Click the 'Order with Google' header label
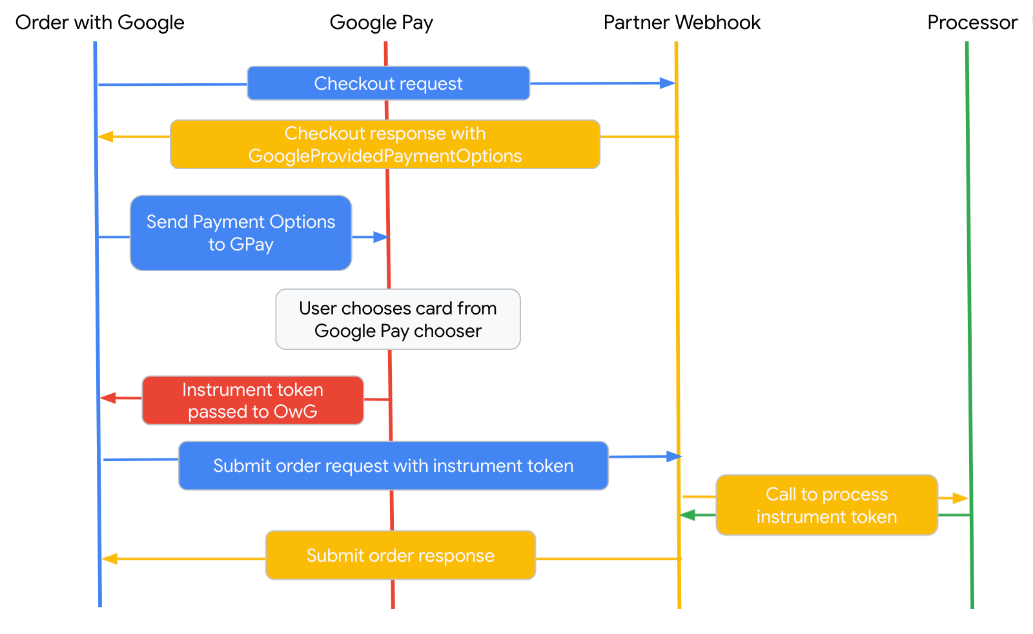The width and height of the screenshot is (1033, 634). (99, 23)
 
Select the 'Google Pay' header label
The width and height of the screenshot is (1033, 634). (382, 23)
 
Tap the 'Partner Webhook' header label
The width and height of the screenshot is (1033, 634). (682, 22)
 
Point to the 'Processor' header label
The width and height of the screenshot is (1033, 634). (972, 22)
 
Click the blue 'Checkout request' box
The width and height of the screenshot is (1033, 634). (388, 83)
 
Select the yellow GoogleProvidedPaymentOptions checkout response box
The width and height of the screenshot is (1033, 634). (385, 145)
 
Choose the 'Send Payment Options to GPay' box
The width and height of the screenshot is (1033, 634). (241, 233)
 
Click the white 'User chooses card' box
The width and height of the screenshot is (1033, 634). (398, 319)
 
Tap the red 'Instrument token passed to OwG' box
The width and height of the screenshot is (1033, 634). (252, 400)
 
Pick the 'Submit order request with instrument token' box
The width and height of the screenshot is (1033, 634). (393, 465)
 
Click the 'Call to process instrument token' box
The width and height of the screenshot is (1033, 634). (827, 505)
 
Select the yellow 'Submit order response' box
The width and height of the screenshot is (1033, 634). (400, 555)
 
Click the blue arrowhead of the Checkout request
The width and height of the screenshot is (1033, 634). (668, 83)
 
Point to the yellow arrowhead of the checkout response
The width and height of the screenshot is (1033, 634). (106, 136)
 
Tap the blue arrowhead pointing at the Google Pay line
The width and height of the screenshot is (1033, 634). (381, 237)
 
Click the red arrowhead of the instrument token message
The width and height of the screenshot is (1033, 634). (108, 398)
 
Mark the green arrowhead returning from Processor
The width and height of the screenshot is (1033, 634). (688, 515)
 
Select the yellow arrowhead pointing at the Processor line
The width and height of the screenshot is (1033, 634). (961, 498)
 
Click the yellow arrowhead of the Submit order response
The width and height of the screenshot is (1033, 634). (109, 559)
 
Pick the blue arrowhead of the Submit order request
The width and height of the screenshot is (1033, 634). (674, 456)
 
